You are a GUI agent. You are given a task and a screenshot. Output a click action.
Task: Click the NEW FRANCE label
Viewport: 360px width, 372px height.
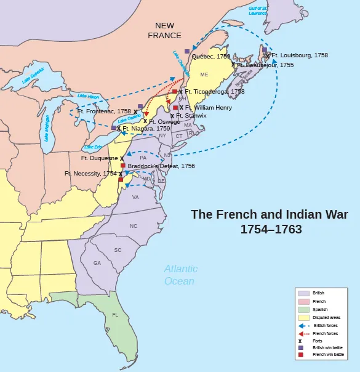[164, 30]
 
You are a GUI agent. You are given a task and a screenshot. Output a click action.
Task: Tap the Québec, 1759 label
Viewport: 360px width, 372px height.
[211, 56]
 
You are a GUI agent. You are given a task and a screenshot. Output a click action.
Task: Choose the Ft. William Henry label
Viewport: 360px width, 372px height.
[209, 107]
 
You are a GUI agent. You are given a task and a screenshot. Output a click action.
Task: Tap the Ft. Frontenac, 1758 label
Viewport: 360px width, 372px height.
[104, 111]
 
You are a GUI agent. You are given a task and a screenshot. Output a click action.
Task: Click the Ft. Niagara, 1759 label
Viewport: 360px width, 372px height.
[142, 129]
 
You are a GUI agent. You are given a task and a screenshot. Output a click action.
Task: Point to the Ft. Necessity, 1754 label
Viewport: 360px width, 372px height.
[90, 174]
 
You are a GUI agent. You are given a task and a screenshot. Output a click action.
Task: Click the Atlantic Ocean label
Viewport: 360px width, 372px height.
[181, 275]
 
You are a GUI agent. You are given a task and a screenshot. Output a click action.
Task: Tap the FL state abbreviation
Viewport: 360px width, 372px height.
[115, 315]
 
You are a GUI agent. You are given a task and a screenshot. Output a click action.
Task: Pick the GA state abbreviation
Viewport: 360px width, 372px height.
[97, 263]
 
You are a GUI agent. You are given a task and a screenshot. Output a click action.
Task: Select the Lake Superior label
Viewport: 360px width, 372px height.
[34, 78]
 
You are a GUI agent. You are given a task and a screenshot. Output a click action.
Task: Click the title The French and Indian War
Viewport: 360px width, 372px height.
[270, 215]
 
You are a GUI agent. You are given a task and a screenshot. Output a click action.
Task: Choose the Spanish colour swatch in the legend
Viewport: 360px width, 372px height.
[303, 309]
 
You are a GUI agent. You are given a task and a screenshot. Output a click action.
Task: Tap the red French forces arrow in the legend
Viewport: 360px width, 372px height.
[303, 333]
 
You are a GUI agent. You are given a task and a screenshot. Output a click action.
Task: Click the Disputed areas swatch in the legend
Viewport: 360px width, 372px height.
[303, 317]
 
